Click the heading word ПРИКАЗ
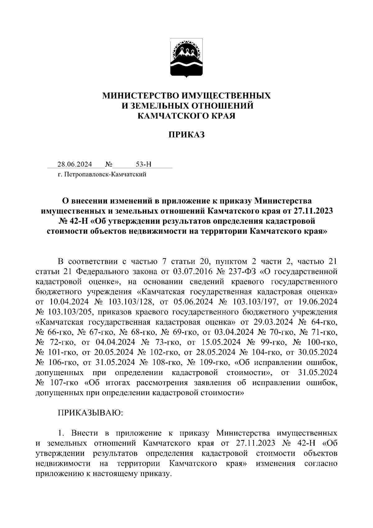[x=186, y=135]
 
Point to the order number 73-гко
[x=166, y=342]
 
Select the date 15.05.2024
[x=221, y=342]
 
